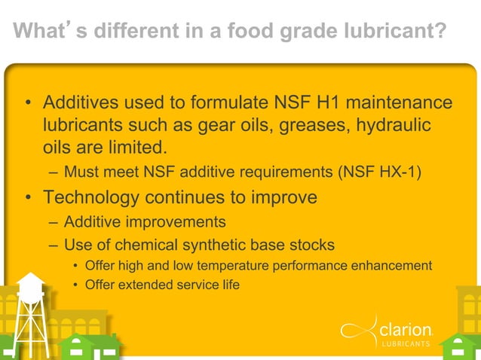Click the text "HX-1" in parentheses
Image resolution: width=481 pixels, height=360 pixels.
[396, 174]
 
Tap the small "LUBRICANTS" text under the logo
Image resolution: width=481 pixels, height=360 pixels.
[406, 346]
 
